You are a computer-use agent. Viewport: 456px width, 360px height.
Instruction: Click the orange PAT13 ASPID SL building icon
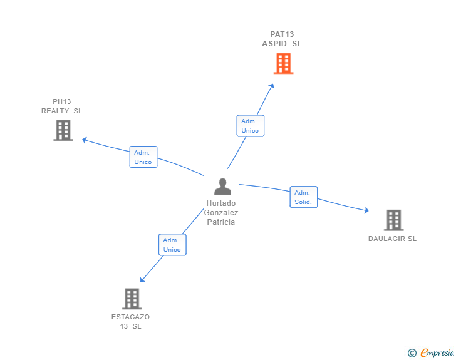point(283,63)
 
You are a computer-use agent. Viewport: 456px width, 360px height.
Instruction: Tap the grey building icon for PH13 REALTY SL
point(63,130)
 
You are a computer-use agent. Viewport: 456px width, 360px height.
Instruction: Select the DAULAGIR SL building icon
point(393,220)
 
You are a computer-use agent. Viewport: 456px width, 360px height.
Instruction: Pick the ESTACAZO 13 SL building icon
point(132,299)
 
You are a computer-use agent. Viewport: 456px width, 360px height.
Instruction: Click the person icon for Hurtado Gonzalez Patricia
point(222,187)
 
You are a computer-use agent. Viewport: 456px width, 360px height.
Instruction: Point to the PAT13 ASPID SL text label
point(282,39)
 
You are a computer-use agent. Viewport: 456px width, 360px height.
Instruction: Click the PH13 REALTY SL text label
point(62,106)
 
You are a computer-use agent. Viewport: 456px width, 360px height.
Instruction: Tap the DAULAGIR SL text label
point(392,239)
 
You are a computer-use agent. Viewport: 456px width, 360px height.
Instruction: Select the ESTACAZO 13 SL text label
point(131,321)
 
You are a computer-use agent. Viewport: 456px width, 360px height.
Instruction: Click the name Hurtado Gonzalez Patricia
point(221,213)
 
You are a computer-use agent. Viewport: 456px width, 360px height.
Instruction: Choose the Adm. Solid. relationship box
point(304,197)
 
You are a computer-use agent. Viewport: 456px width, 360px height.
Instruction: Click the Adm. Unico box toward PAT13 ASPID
point(250,126)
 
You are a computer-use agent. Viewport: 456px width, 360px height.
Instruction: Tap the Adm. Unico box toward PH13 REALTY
point(143,157)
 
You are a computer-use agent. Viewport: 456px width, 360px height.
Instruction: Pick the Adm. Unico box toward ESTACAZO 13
point(172,245)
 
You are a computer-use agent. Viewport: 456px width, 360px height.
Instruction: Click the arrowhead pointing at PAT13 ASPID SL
point(272,86)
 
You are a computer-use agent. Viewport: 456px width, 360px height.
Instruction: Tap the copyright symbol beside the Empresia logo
point(412,353)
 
